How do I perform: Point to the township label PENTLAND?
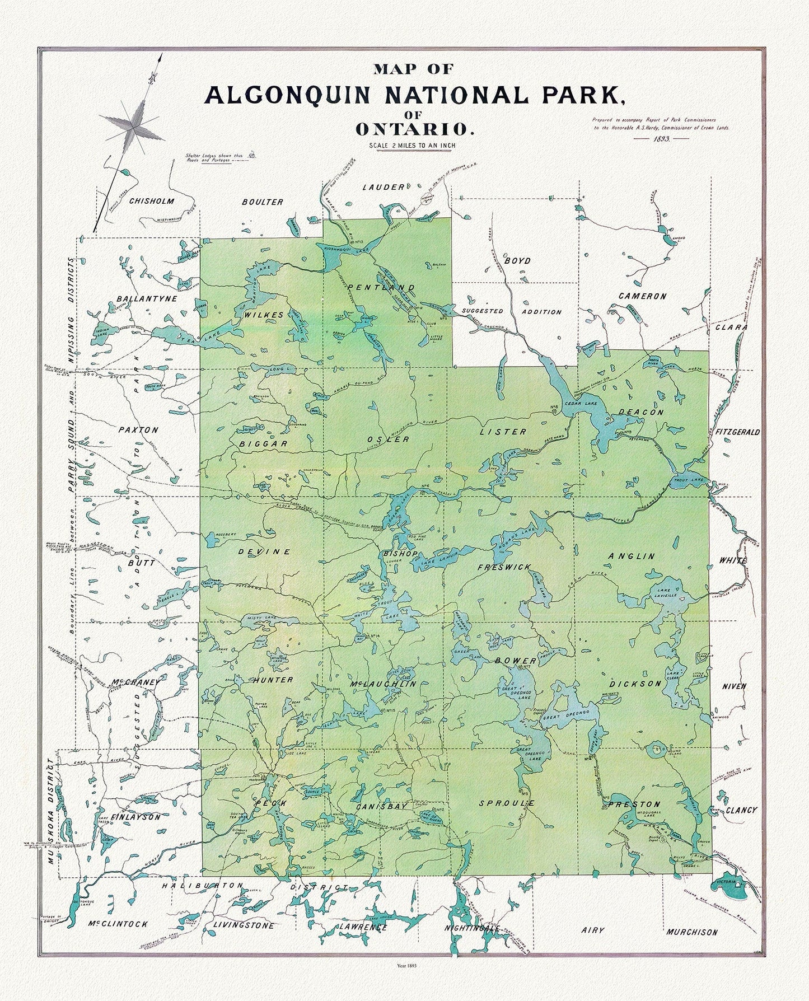[381, 287]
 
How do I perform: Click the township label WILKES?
[263, 315]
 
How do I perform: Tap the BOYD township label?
[517, 261]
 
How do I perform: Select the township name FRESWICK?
[503, 567]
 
